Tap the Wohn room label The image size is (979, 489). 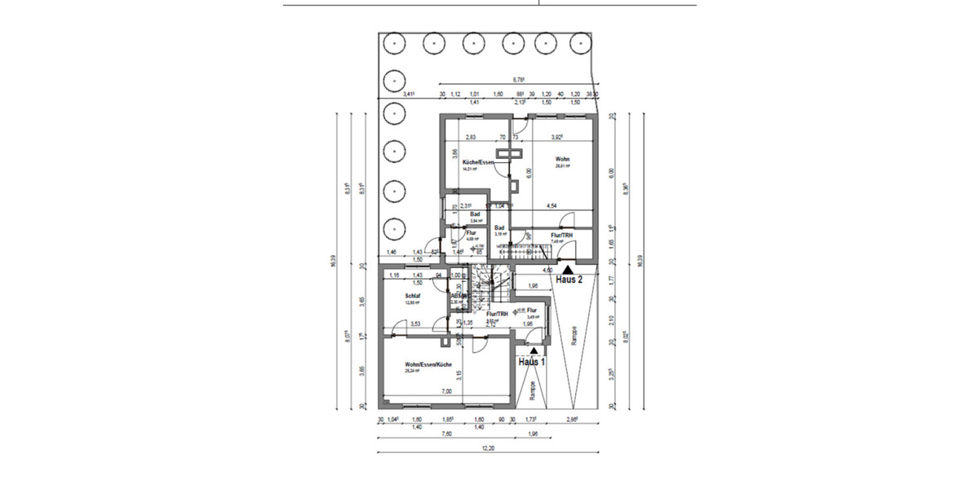pyautogui.click(x=562, y=159)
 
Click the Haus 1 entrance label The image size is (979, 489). pyautogui.click(x=530, y=361)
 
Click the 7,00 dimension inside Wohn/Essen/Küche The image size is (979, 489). pyautogui.click(x=446, y=392)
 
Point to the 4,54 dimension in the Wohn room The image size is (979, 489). pyautogui.click(x=552, y=206)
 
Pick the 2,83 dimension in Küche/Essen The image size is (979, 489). pyautogui.click(x=471, y=138)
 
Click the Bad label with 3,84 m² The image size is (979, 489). pyautogui.click(x=473, y=214)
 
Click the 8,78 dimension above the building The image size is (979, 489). pyautogui.click(x=517, y=80)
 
